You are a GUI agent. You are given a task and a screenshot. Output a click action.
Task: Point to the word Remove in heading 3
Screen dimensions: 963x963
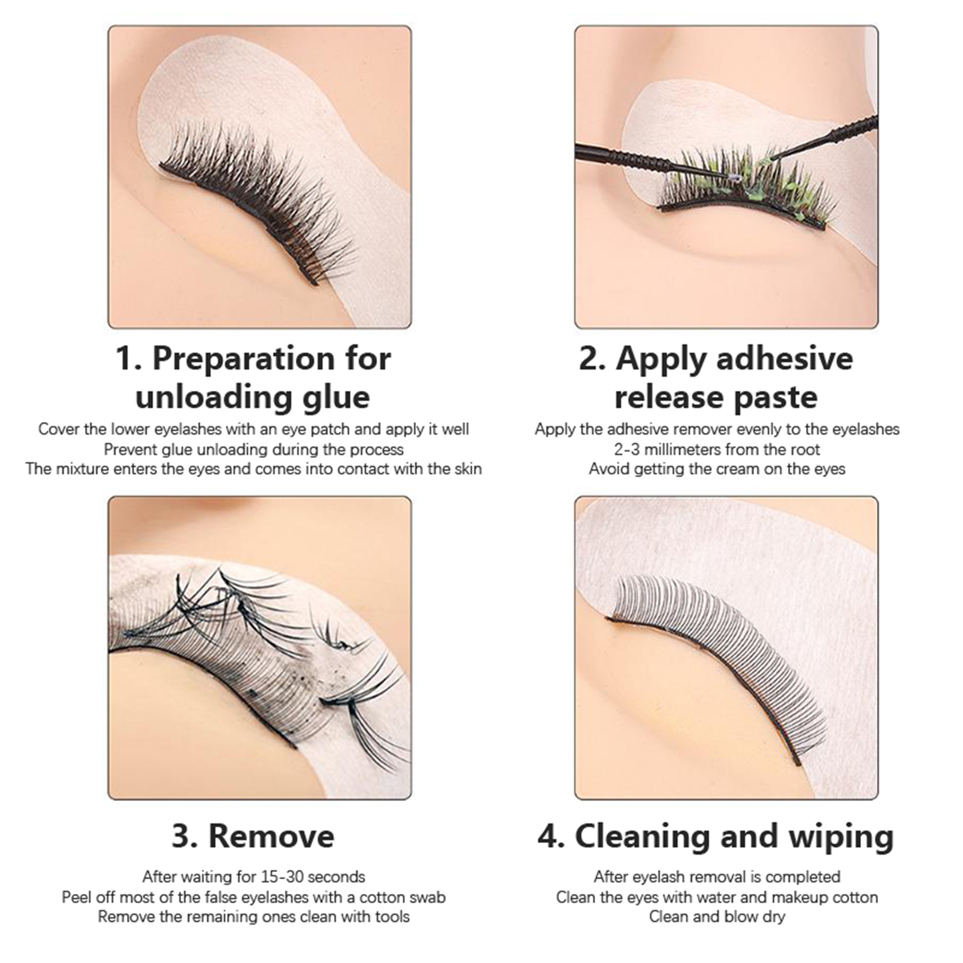(x=271, y=836)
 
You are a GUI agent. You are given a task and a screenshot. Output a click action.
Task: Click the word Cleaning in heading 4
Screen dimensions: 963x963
(x=642, y=837)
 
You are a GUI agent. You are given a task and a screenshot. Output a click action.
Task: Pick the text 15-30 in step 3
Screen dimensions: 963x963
(x=282, y=876)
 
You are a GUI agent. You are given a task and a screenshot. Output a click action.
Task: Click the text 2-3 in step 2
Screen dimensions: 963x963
(x=628, y=449)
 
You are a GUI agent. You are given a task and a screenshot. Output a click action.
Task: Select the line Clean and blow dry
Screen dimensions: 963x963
(x=717, y=917)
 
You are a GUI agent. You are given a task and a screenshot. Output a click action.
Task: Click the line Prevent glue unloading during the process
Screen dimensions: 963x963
(x=253, y=450)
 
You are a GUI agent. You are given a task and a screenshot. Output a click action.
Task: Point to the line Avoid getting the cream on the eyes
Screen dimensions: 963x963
(x=717, y=469)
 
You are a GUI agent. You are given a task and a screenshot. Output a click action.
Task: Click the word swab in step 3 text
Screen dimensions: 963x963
(x=426, y=897)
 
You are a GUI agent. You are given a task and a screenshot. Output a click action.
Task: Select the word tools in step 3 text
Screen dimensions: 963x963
(x=391, y=917)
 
